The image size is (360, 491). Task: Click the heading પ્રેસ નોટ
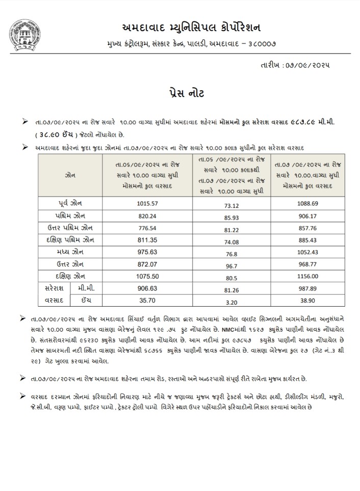179,94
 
